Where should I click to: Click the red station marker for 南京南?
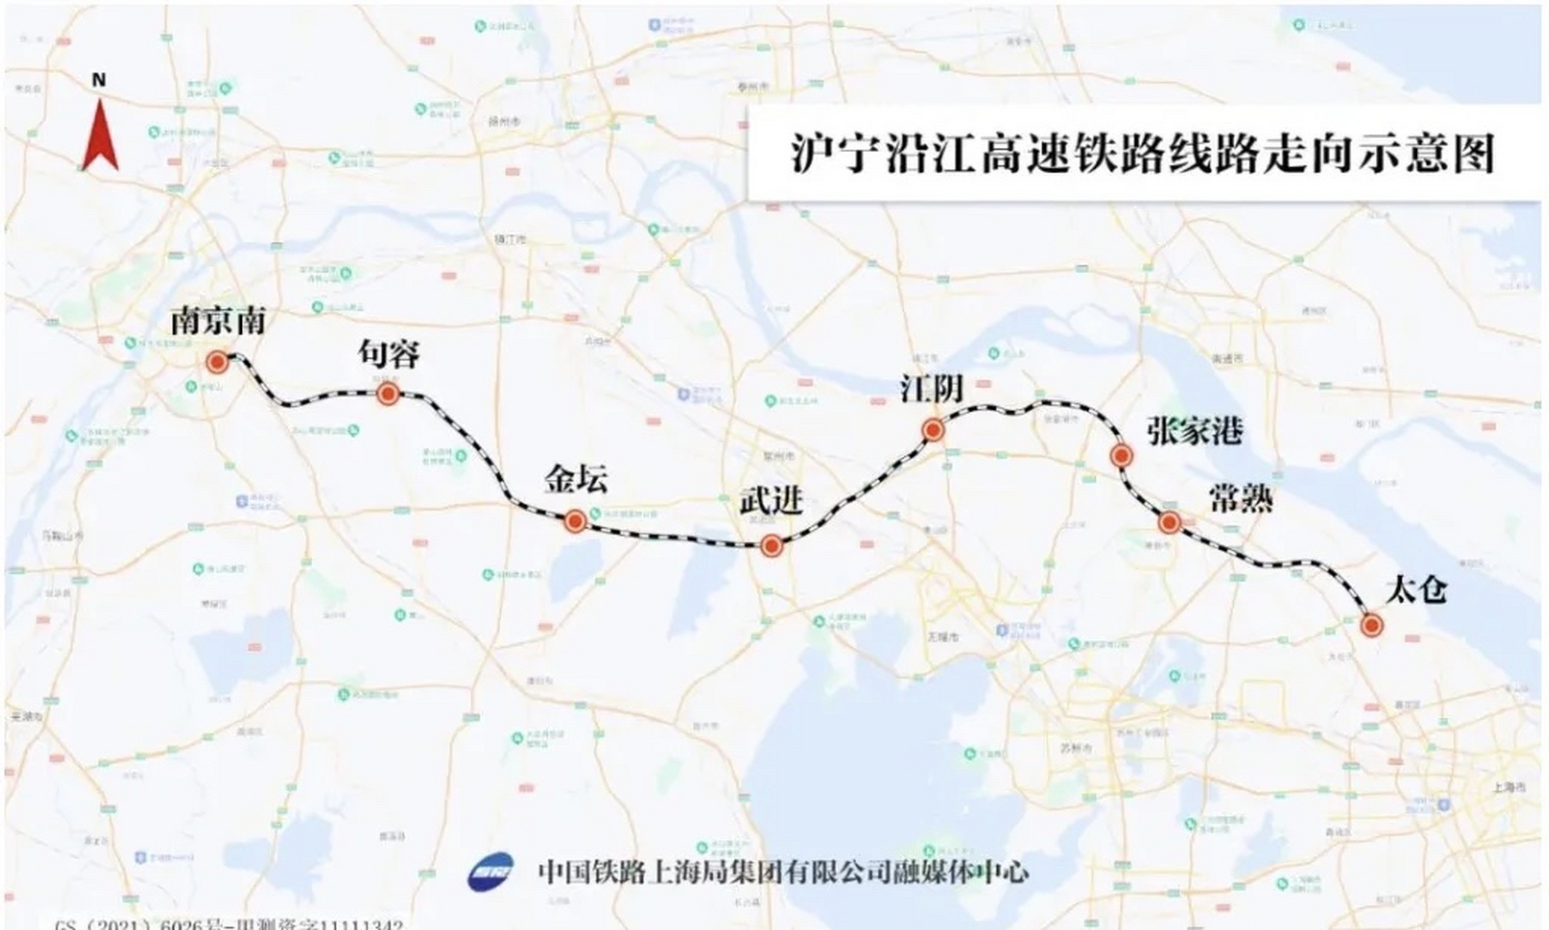tap(216, 362)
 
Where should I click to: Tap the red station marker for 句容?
tap(389, 395)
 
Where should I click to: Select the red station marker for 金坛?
tap(575, 521)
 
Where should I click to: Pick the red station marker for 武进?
tap(771, 546)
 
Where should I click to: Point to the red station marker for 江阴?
tap(933, 431)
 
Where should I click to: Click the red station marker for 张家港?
tap(1121, 456)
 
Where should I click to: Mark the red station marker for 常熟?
tap(1169, 522)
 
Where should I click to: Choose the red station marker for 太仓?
tap(1371, 625)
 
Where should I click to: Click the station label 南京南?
tap(218, 321)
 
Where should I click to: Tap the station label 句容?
tap(389, 355)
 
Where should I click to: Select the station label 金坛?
tap(577, 480)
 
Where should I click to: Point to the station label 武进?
tap(771, 501)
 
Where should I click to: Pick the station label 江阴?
tap(932, 389)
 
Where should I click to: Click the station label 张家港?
tap(1195, 432)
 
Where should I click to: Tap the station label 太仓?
tap(1416, 589)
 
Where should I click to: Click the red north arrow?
tap(100, 137)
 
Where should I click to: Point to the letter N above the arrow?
tap(99, 80)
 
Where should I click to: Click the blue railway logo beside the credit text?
tap(491, 870)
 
